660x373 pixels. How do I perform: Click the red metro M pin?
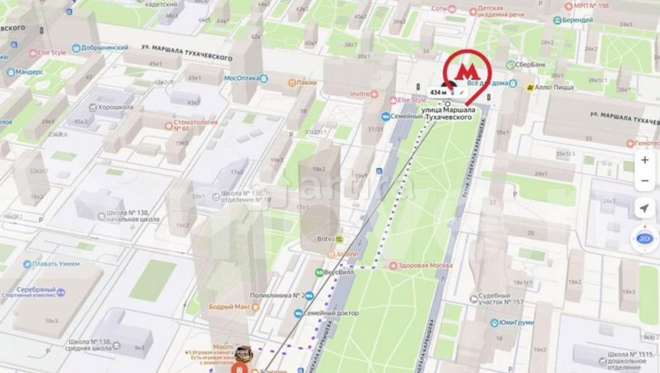pos(467,71)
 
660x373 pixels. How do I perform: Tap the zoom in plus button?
pos(645,160)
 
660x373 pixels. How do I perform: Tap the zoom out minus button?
pos(645,181)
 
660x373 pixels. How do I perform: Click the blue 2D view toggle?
pos(645,238)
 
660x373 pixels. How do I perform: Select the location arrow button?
pos(645,209)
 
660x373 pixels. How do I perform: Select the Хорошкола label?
pos(115,107)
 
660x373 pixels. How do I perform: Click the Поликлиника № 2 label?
pos(277,295)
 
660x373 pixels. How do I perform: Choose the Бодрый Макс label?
pos(230,307)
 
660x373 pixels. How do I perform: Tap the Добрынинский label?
pos(103,48)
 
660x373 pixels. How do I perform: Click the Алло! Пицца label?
pos(553,87)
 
